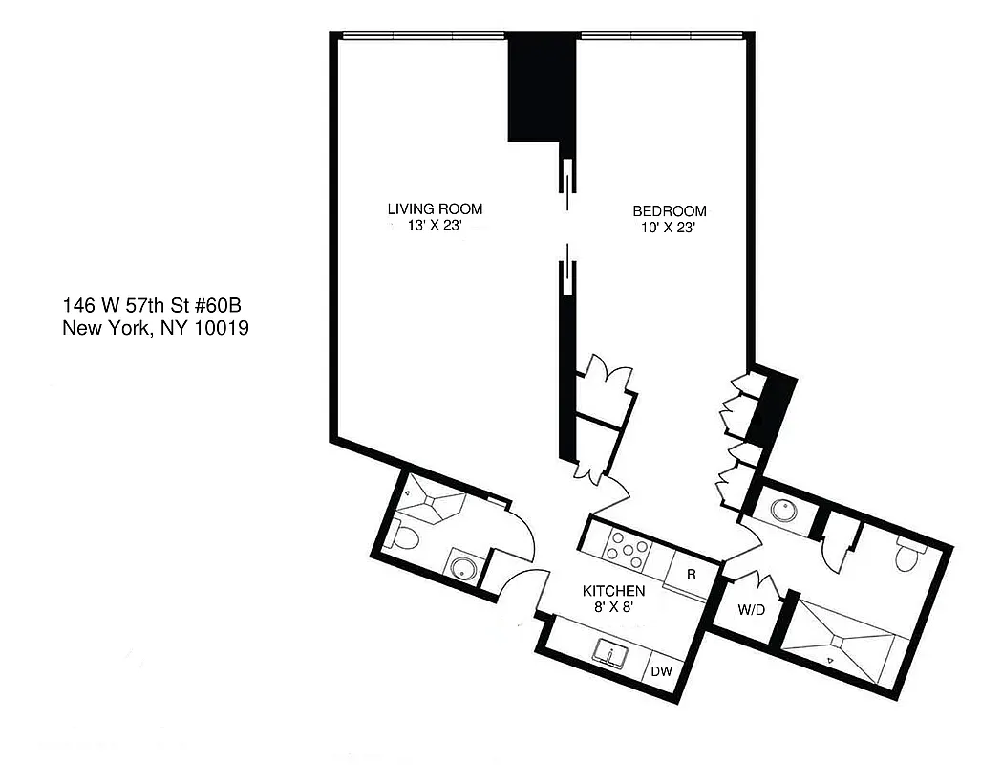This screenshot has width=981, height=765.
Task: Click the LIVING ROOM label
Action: pyautogui.click(x=434, y=208)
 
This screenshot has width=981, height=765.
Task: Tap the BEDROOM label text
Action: pyautogui.click(x=669, y=210)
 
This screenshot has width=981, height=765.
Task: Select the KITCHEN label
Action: pyautogui.click(x=613, y=591)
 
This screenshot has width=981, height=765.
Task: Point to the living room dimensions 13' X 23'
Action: pyautogui.click(x=434, y=227)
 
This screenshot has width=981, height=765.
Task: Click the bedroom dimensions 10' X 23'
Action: pyautogui.click(x=669, y=228)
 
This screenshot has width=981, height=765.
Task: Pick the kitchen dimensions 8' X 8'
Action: pyautogui.click(x=613, y=607)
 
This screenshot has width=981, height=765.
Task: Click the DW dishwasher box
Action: pyautogui.click(x=662, y=671)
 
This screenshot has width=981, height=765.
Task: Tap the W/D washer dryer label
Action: pyautogui.click(x=750, y=608)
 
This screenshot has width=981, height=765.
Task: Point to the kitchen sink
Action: pyautogui.click(x=608, y=653)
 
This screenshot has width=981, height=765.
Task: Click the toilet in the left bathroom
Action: pyautogui.click(x=403, y=537)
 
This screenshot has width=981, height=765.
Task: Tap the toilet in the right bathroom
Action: pyautogui.click(x=907, y=553)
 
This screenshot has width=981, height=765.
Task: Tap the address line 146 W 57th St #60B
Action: pyautogui.click(x=157, y=306)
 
